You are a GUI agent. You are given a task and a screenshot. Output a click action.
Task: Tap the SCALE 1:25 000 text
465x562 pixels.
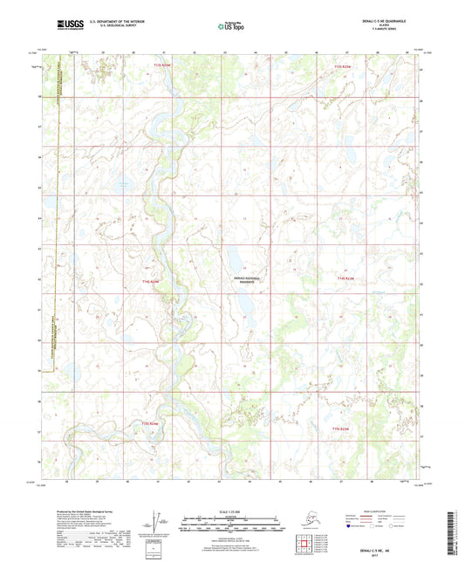point(232,510)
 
